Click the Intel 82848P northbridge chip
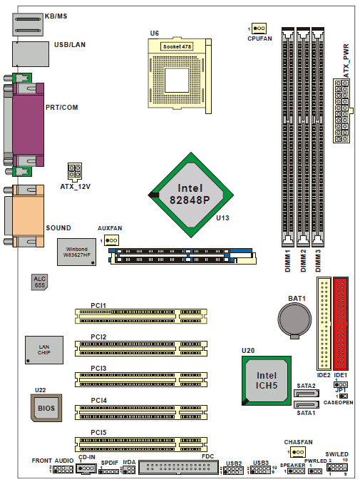tap(191, 195)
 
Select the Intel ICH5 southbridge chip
tap(266, 381)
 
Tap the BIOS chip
tap(46, 408)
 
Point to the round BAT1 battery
tap(294, 320)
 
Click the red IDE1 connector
tap(341, 324)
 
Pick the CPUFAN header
tap(259, 29)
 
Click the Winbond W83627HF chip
tap(76, 252)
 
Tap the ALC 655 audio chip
tap(39, 282)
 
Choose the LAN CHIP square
tap(44, 350)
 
